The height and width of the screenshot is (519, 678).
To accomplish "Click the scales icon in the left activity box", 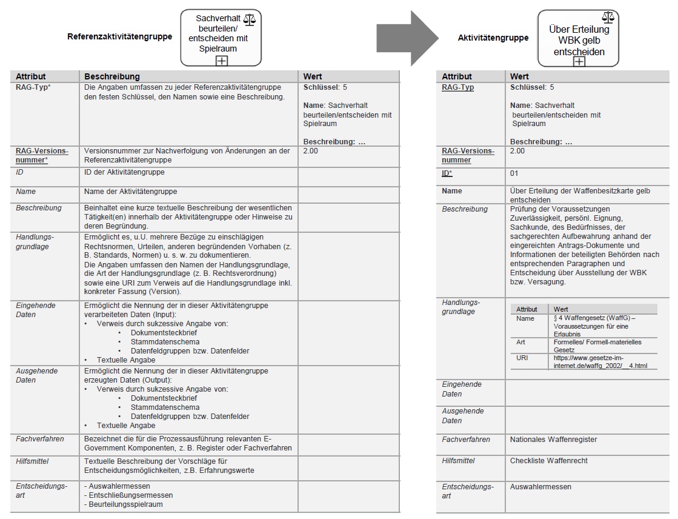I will click(249, 21).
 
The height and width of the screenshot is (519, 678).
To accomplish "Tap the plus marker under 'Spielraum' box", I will click(222, 60).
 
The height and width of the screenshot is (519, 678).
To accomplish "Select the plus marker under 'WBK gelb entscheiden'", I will click(579, 61).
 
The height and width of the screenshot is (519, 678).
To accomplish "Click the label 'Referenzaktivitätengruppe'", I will click(119, 36).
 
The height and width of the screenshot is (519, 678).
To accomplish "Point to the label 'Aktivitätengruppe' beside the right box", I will click(493, 38).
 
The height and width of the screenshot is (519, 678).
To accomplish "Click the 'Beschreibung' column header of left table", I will click(112, 76).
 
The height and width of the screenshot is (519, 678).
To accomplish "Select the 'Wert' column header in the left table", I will click(312, 76).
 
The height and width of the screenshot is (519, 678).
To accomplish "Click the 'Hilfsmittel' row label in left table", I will click(33, 461).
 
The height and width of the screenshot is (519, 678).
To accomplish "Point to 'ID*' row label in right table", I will click(447, 173).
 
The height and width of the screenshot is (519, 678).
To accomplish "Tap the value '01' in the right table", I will click(515, 173).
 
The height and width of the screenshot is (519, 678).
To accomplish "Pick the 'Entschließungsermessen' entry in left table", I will click(128, 495).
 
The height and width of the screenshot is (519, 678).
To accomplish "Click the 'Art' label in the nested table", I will click(520, 342).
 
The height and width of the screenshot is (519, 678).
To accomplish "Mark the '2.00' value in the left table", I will click(310, 151).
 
